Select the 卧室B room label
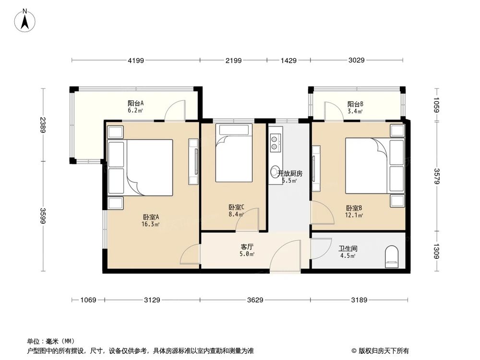coord(354,208)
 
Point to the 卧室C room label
coord(236,207)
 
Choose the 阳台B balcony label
coord(355,104)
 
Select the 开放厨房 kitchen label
coord(290,174)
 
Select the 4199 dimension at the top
coord(136,60)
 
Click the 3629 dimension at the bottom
coord(255,300)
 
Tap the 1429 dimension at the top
coord(288,60)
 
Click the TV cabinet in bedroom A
coord(193,162)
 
